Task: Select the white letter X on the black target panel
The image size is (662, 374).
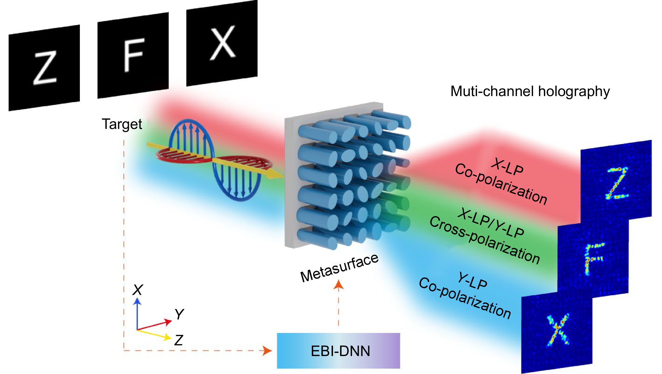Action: [x=223, y=42]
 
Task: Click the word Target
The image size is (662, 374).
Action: [x=122, y=124]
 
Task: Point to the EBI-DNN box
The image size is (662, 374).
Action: [x=338, y=351]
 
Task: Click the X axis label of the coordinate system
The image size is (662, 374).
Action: [x=138, y=290]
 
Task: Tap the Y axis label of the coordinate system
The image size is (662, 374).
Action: [x=179, y=314]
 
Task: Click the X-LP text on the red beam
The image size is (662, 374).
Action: [x=507, y=167]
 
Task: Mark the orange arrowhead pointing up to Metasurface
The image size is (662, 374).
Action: [x=338, y=285]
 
